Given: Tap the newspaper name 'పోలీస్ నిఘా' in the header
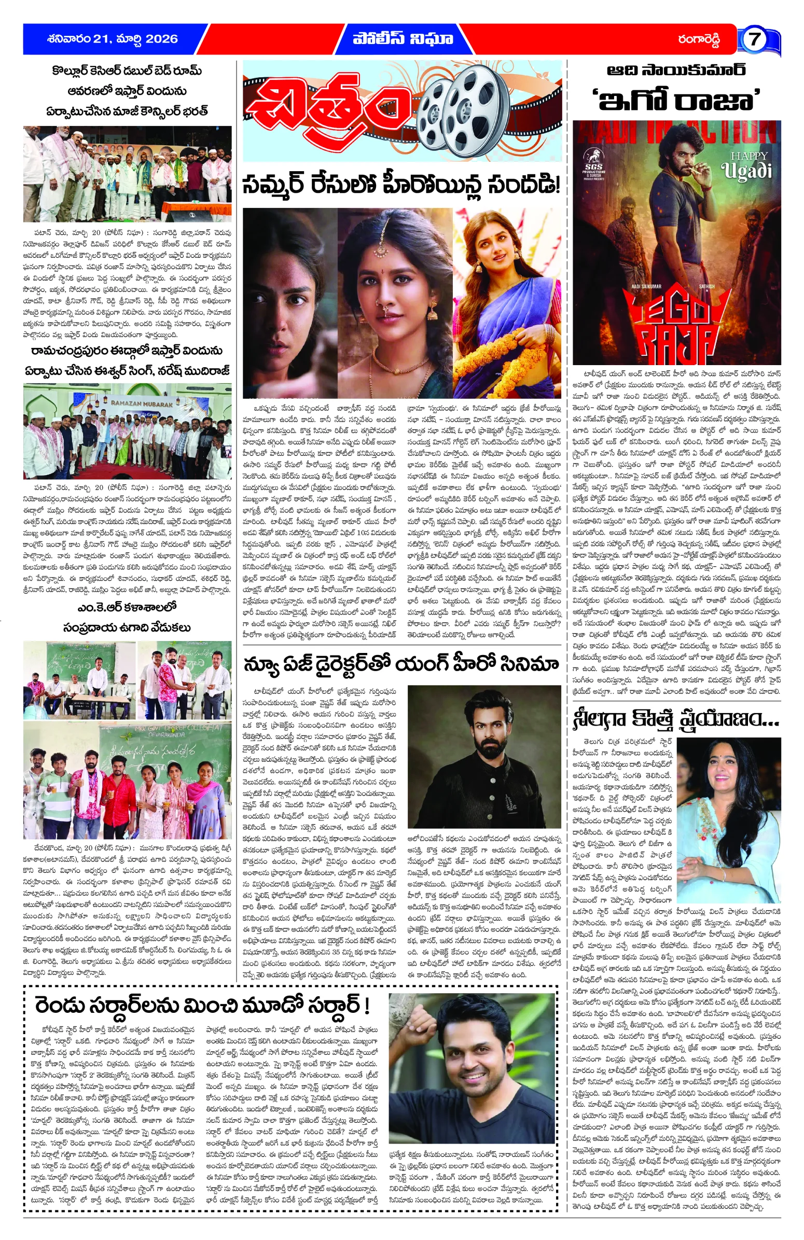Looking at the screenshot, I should (x=403, y=39).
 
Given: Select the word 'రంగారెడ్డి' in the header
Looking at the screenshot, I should (x=698, y=39).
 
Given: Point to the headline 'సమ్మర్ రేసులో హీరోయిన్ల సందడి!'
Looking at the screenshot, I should (x=401, y=185).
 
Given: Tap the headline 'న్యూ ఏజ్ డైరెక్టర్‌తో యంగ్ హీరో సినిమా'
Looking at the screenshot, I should (x=401, y=665).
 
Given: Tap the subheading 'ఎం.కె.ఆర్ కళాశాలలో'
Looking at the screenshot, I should (x=127, y=608).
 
